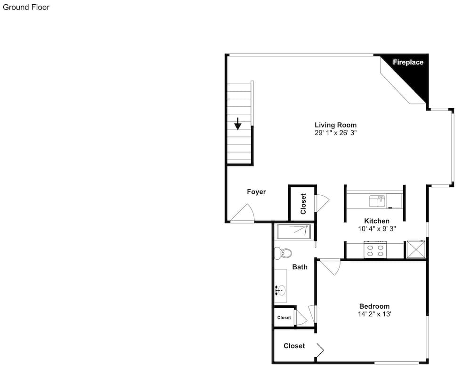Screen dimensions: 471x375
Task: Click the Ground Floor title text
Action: click(26, 8)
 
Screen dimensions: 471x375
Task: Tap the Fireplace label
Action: click(408, 62)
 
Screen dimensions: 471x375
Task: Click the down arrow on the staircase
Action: click(237, 124)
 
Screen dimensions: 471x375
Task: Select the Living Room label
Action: click(335, 125)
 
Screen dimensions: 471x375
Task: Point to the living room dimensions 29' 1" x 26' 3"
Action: click(335, 133)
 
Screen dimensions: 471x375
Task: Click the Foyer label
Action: click(256, 191)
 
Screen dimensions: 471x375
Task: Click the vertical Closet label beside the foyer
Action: click(303, 204)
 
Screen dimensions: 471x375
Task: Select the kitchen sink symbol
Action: click(377, 201)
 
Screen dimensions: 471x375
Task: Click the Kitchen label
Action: click(377, 221)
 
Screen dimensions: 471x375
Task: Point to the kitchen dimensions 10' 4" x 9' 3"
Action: click(377, 229)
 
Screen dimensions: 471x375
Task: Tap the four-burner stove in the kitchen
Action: click(375, 249)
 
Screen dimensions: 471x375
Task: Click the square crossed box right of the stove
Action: click(416, 249)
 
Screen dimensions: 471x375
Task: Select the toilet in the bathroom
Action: click(283, 253)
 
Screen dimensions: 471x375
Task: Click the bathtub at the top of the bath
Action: click(293, 231)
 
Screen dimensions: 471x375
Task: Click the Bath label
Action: click(300, 267)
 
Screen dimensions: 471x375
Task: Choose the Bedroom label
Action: click(374, 306)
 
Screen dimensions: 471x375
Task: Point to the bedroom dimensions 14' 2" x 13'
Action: click(374, 314)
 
